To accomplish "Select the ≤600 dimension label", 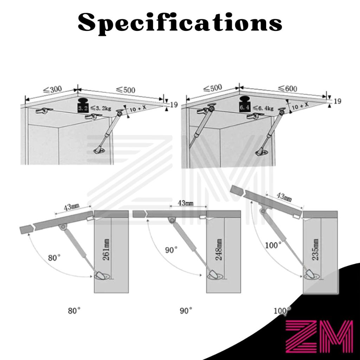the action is click(287, 89).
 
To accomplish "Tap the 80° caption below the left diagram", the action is click(74, 311).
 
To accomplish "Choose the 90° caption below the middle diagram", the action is click(186, 311).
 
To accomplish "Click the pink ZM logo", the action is click(319, 336).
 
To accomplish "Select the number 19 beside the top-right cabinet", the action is click(337, 102).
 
